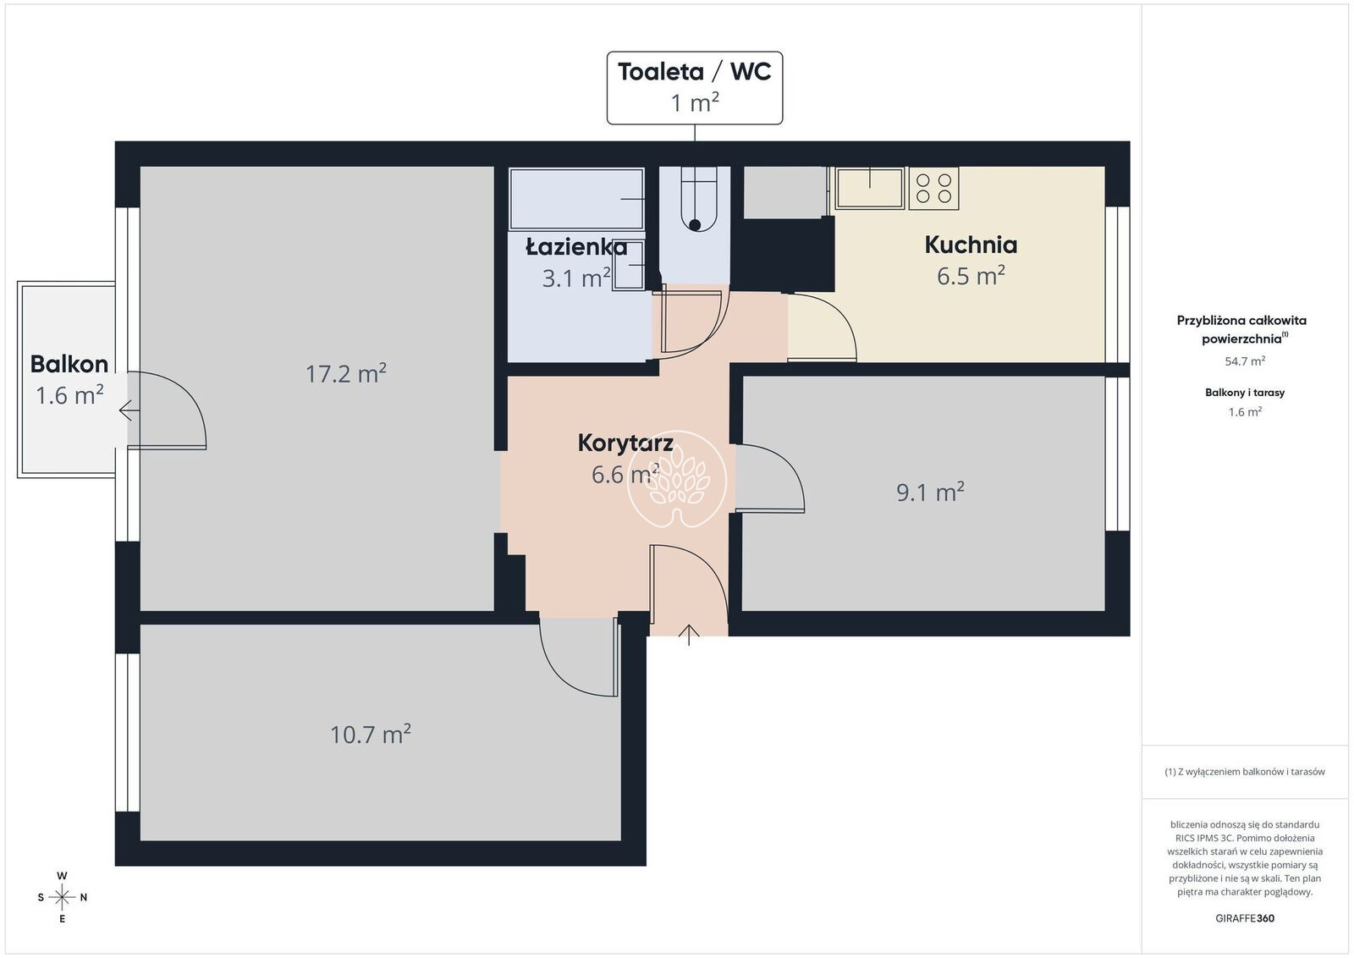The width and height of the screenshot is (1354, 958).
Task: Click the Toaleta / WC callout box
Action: point(695,88)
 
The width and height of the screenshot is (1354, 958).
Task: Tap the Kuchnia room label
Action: point(971,245)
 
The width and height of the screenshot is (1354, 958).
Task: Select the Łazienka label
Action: point(576,247)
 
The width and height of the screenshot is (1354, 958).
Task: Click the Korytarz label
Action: point(625,443)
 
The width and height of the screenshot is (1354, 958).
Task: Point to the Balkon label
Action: point(69,364)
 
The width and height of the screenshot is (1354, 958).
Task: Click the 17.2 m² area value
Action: point(346,373)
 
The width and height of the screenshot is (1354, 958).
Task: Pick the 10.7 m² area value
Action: point(371,735)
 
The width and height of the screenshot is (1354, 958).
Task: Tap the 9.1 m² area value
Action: point(930,493)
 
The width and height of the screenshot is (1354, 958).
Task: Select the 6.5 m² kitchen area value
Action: point(971,276)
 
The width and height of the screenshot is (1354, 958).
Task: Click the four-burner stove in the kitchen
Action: point(934,189)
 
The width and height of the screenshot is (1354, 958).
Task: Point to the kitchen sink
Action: point(870,189)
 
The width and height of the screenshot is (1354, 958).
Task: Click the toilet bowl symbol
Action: point(699,199)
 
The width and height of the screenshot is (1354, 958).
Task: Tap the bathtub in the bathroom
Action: point(576,199)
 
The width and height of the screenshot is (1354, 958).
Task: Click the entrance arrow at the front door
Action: point(689,635)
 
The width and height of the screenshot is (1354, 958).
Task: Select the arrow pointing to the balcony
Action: point(129,410)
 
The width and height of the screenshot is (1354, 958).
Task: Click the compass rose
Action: point(63,898)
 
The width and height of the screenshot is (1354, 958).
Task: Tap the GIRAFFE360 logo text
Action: point(1245,918)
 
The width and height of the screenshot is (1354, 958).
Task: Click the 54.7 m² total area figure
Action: point(1245,361)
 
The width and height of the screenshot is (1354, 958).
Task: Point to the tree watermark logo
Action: point(677,479)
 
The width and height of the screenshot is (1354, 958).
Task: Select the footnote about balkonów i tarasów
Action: point(1245,772)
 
